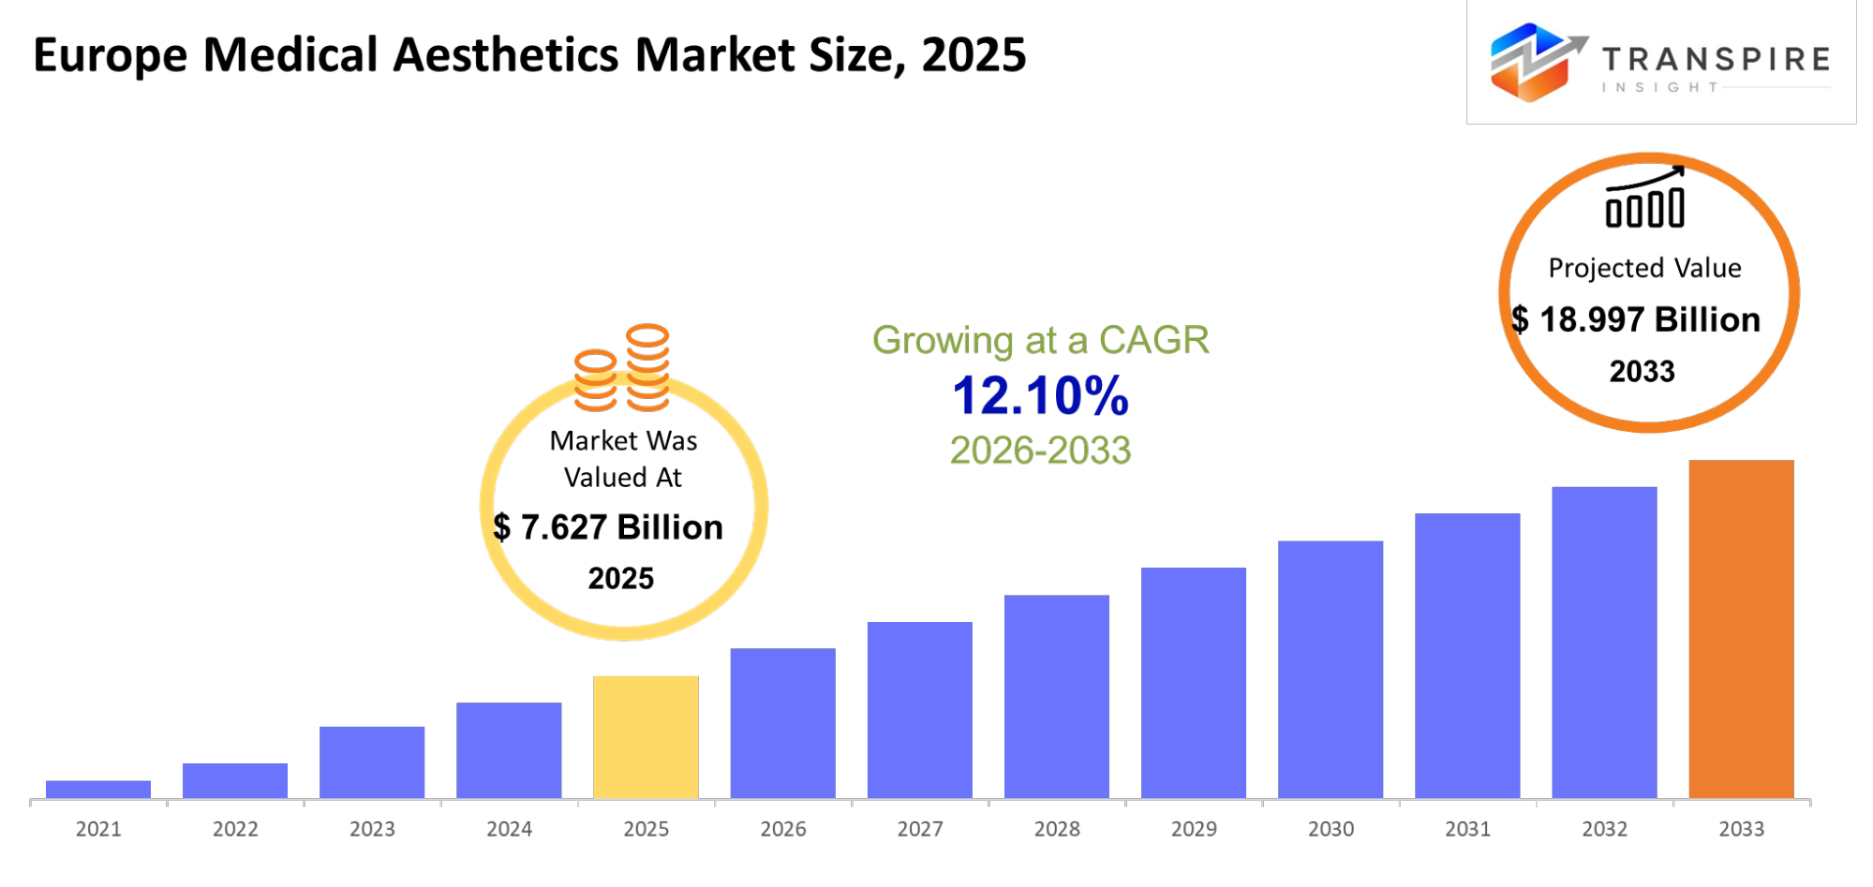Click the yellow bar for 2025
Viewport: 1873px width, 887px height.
pyautogui.click(x=646, y=737)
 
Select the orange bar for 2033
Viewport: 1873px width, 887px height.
pyautogui.click(x=1741, y=628)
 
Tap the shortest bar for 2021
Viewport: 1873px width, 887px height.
pyautogui.click(x=98, y=790)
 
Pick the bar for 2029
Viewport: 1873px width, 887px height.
pyautogui.click(x=1194, y=683)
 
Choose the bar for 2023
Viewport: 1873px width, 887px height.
pyautogui.click(x=372, y=762)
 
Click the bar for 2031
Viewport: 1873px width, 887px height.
pyautogui.click(x=1467, y=656)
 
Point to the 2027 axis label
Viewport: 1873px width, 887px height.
pyautogui.click(x=919, y=829)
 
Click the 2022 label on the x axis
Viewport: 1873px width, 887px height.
pyautogui.click(x=235, y=829)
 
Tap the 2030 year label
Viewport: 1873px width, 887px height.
pyautogui.click(x=1330, y=829)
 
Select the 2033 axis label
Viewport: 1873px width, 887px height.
pyautogui.click(x=1741, y=829)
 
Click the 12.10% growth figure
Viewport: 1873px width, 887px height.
pyautogui.click(x=1040, y=396)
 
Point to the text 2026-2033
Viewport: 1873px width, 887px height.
pyautogui.click(x=1040, y=451)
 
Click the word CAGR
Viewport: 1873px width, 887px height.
pyautogui.click(x=1153, y=340)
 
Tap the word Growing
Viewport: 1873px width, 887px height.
pyautogui.click(x=942, y=341)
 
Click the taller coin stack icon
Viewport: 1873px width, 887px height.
pyautogui.click(x=647, y=366)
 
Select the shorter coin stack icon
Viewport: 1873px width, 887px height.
pyautogui.click(x=595, y=379)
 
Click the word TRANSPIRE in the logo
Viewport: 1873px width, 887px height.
pyautogui.click(x=1716, y=60)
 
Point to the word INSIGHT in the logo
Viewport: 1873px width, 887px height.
pyautogui.click(x=1659, y=87)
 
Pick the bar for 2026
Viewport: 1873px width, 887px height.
pyautogui.click(x=782, y=723)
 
